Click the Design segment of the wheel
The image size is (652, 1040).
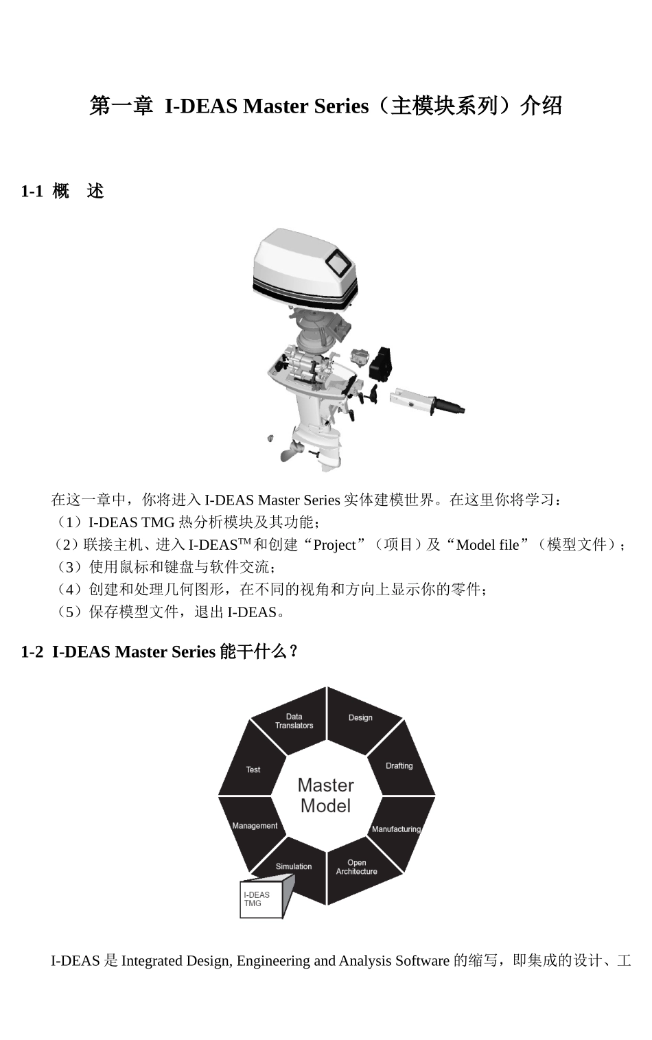361,718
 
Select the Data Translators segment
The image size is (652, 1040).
294,721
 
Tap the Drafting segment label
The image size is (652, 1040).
399,766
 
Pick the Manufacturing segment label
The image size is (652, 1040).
396,829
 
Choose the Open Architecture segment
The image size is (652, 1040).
356,867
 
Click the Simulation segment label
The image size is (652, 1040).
293,866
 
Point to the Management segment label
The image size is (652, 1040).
255,826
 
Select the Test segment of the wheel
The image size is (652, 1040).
253,770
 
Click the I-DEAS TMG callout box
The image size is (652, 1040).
260,899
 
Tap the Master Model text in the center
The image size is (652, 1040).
326,796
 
